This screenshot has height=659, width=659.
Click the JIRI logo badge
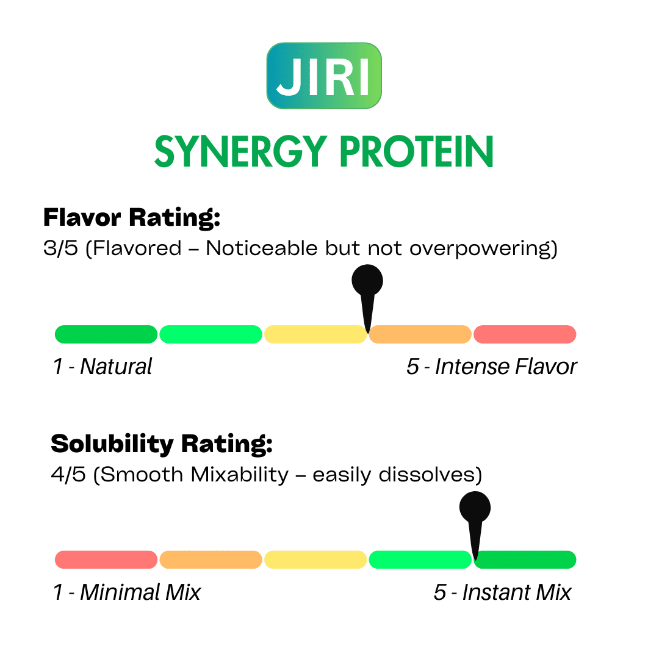click(324, 76)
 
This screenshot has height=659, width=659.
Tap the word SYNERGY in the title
click(241, 152)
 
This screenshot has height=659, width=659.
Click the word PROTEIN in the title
click(416, 152)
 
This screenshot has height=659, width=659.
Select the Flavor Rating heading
click(132, 218)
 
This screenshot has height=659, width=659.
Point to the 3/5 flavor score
click(60, 248)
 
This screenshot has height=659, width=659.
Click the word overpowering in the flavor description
click(483, 249)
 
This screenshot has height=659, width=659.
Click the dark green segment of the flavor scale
click(106, 334)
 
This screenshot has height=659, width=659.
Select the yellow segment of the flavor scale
click(315, 334)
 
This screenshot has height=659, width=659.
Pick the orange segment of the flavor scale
click(420, 334)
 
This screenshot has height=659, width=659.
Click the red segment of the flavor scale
click(525, 334)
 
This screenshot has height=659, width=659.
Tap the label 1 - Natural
click(103, 367)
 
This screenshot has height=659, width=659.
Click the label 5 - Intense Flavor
click(492, 367)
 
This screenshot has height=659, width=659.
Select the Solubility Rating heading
click(162, 444)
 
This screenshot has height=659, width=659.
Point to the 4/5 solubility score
click(68, 475)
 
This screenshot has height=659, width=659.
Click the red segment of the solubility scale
click(106, 560)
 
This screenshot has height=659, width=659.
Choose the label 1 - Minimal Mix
click(127, 592)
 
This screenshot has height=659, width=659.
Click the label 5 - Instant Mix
click(502, 592)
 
